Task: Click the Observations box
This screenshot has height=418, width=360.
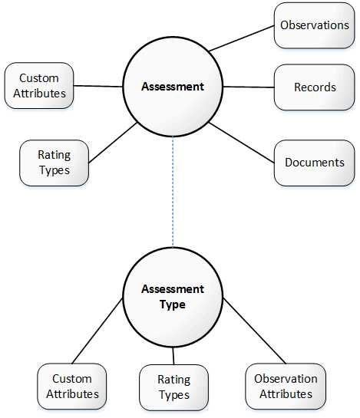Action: [x=314, y=25]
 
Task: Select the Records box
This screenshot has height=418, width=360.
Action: [x=314, y=87]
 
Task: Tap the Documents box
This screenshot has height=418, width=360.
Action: [x=314, y=163]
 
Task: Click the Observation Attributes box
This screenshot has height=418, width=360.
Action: [x=286, y=387]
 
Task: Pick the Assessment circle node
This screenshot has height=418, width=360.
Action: [x=173, y=87]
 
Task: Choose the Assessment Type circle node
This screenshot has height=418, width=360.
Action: [x=173, y=297]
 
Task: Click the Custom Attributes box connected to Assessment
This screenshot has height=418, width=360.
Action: [x=39, y=86]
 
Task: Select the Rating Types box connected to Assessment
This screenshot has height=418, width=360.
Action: [x=54, y=163]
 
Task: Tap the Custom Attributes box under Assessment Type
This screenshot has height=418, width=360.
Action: [x=72, y=387]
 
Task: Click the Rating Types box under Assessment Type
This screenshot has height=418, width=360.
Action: [x=173, y=387]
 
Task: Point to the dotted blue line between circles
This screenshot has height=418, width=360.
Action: [x=173, y=192]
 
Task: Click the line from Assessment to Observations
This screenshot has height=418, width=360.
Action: [x=241, y=38]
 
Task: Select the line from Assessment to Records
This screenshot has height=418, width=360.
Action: [x=249, y=87]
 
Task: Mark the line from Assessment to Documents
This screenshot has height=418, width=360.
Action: [x=242, y=143]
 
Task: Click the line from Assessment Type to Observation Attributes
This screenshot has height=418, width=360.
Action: [x=254, y=331]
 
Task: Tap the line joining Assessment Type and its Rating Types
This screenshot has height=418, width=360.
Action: [x=173, y=356]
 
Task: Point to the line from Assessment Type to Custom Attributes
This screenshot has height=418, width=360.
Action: [x=97, y=331]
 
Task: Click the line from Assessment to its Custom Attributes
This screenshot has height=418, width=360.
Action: [x=98, y=86]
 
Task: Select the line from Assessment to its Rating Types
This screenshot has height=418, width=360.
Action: [x=113, y=143]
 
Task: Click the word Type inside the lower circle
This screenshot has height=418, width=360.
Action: [x=173, y=304]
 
